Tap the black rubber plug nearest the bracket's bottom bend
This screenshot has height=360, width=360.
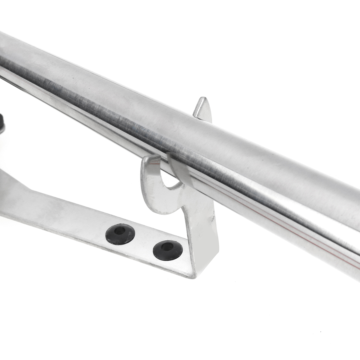168,250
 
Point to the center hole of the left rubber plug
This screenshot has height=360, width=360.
120,231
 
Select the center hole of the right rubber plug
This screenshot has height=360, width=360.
167,247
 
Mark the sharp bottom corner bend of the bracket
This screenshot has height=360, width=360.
192,274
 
